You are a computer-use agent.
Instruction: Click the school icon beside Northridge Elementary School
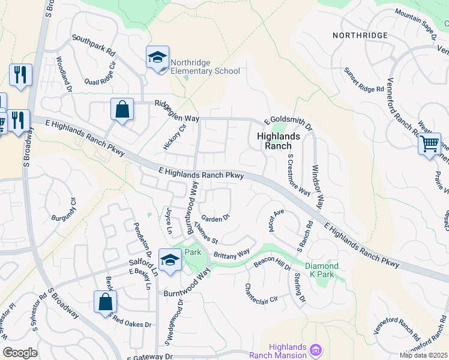[158, 58]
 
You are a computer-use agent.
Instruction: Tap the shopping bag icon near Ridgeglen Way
[122, 110]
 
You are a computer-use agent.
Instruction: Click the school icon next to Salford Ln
[170, 260]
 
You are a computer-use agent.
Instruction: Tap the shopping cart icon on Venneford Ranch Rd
[430, 144]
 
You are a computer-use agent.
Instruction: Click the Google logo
[20, 352]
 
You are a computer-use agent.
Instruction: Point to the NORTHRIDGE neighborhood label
[361, 36]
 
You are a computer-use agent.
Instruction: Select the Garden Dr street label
[215, 218]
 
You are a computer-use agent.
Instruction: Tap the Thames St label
[205, 233]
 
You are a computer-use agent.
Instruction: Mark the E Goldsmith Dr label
[289, 124]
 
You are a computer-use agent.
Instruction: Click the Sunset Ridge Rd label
[363, 80]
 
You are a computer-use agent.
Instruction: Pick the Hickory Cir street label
[175, 137]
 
